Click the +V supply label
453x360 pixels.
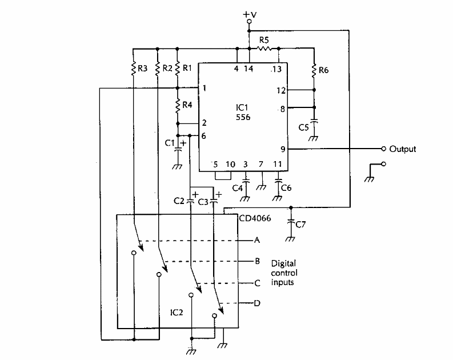tap(249, 12)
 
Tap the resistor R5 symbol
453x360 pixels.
tap(264, 49)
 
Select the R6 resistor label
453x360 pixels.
tap(324, 70)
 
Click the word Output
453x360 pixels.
tap(403, 149)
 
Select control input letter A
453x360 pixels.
tap(257, 241)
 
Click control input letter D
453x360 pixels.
tap(257, 303)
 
